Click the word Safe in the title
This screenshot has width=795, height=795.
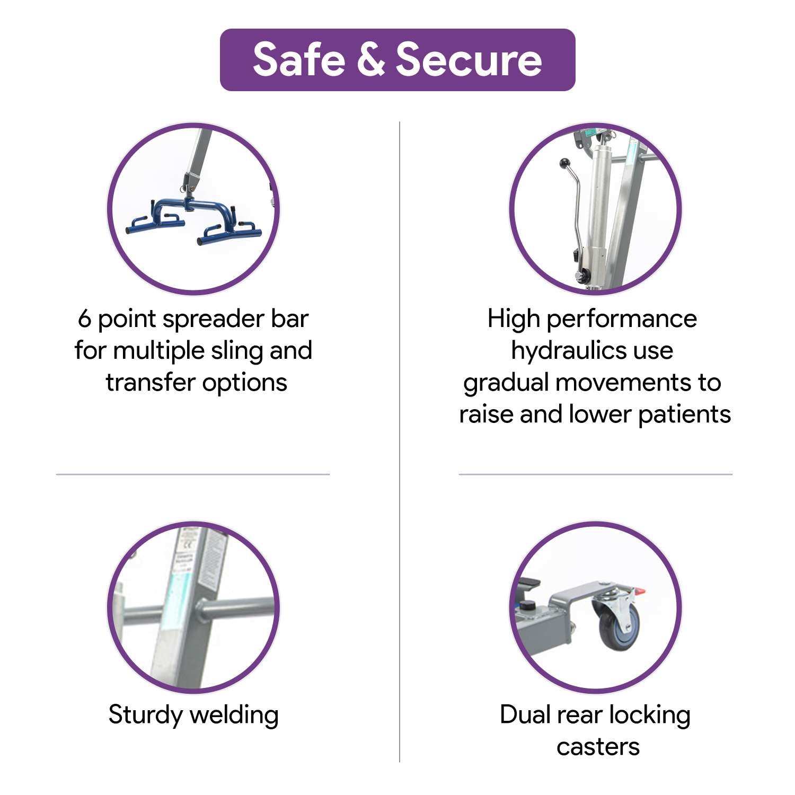(x=299, y=59)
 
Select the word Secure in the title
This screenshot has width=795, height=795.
(x=469, y=59)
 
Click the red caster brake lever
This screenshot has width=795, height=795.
(x=640, y=591)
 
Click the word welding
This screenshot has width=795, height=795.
(x=234, y=715)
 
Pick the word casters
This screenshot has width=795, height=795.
(x=598, y=747)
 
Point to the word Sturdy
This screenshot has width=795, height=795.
(x=146, y=715)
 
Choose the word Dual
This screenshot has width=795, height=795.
(x=523, y=714)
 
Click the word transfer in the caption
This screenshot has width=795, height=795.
(x=150, y=383)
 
